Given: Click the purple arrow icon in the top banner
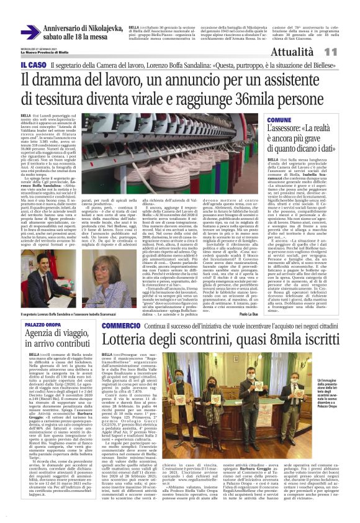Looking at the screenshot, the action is [x=30, y=32].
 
